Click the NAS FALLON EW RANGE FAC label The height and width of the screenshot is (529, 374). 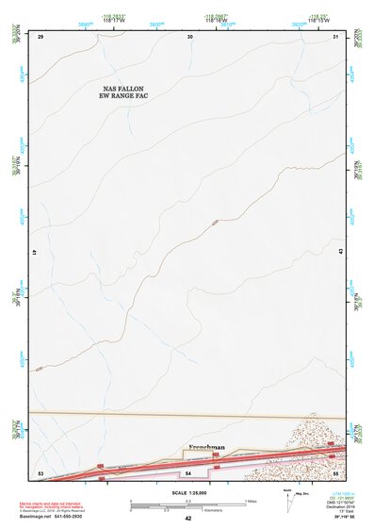pyautogui.click(x=126, y=91)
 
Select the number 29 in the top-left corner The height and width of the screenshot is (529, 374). pyautogui.click(x=41, y=37)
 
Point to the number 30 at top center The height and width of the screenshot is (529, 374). pyautogui.click(x=190, y=37)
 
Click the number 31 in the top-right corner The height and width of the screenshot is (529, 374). pyautogui.click(x=336, y=37)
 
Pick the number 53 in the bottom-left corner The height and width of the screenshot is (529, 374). pyautogui.click(x=41, y=471)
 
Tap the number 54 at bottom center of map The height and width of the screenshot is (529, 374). pyautogui.click(x=188, y=471)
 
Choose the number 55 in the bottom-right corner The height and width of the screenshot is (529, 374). pyautogui.click(x=335, y=471)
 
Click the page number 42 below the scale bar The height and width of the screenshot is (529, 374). pyautogui.click(x=188, y=518)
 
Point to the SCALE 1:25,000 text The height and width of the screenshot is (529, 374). pyautogui.click(x=187, y=492)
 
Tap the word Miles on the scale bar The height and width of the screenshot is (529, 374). pyautogui.click(x=250, y=500)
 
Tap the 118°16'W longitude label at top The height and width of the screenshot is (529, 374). pyautogui.click(x=216, y=20)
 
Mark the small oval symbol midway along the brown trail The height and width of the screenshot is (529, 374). pyautogui.click(x=216, y=223)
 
